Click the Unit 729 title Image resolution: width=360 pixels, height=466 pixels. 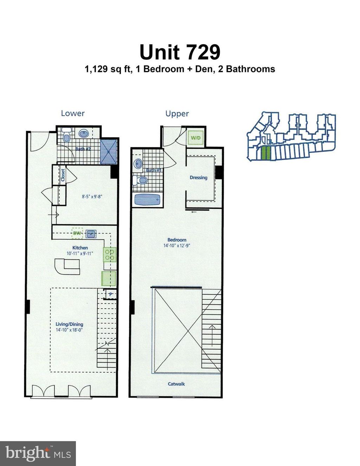click(180, 52)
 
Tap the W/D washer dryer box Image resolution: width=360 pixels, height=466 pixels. click(195, 137)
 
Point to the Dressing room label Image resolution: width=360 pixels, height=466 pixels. click(198, 177)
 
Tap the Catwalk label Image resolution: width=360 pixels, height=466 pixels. click(176, 384)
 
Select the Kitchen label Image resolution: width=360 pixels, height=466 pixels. click(80, 247)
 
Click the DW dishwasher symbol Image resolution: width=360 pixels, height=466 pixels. click(77, 233)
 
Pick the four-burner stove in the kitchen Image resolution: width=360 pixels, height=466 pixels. click(109, 254)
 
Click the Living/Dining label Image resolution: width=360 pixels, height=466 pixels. click(69, 324)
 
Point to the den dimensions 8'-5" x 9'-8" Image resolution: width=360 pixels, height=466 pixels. click(92, 197)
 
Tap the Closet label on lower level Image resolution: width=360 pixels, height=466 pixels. click(63, 175)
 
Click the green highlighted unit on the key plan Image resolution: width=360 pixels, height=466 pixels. click(266, 153)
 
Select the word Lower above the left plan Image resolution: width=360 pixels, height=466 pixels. click(73, 113)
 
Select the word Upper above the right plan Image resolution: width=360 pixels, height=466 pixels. click(177, 114)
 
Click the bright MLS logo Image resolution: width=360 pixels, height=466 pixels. click(38, 453)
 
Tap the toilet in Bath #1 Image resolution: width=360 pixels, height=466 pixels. click(141, 180)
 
